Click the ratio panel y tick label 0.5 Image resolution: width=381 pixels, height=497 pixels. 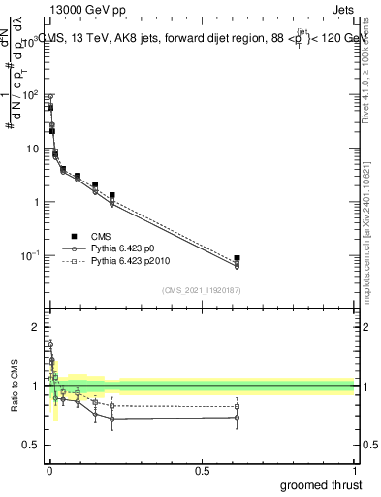[x=31, y=445]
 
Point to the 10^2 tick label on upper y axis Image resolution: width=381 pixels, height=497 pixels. [x=29, y=95]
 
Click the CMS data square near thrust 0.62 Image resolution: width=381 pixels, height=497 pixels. [x=237, y=258]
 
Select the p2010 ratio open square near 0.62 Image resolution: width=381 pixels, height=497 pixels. [x=237, y=406]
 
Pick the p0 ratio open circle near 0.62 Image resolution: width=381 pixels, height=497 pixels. [x=237, y=418]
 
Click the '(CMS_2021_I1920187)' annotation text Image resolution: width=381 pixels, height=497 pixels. [x=201, y=289]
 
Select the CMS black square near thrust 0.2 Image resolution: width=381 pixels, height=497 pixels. [x=112, y=196]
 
